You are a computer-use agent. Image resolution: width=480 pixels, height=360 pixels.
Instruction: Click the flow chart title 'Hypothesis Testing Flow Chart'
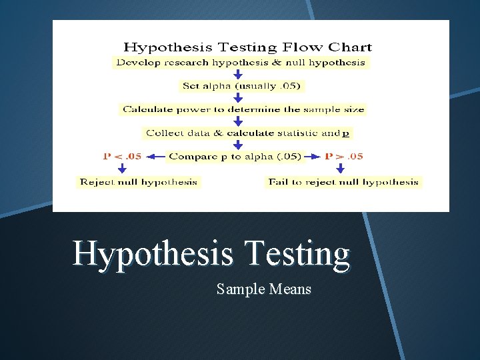coord(247,47)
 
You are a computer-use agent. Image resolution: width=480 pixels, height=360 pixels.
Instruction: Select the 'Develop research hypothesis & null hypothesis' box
coord(241,63)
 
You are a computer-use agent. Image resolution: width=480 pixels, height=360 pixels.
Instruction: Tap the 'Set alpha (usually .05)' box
coord(241,86)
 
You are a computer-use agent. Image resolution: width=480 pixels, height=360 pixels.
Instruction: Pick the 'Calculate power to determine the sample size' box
coord(243,109)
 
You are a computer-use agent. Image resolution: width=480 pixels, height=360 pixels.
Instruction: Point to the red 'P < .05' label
coord(122,157)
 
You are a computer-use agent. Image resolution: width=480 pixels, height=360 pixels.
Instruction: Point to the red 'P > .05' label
coord(343,157)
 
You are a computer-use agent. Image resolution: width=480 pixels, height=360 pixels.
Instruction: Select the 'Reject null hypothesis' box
coord(138,181)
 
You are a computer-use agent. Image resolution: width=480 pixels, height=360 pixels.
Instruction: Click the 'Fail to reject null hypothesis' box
coord(343,181)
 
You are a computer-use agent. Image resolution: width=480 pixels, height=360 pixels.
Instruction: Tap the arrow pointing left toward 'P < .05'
coord(155,157)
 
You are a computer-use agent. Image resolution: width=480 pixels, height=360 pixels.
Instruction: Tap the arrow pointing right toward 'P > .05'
coord(312,157)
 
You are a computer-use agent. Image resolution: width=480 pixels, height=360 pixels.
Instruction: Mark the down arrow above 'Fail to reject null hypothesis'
coord(340,169)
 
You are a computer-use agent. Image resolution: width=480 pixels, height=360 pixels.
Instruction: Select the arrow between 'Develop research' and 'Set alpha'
coord(238,74)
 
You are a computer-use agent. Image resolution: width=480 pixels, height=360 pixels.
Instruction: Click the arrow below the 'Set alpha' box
coord(238,97)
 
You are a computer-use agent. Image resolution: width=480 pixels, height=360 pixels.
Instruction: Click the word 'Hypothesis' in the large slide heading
coord(153,254)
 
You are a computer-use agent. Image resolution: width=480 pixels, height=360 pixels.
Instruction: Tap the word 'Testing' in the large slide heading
coord(297,254)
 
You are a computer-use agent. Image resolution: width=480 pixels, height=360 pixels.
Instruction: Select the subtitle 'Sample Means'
coord(264,289)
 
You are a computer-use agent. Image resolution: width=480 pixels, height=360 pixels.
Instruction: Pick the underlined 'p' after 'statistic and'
coord(345,133)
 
